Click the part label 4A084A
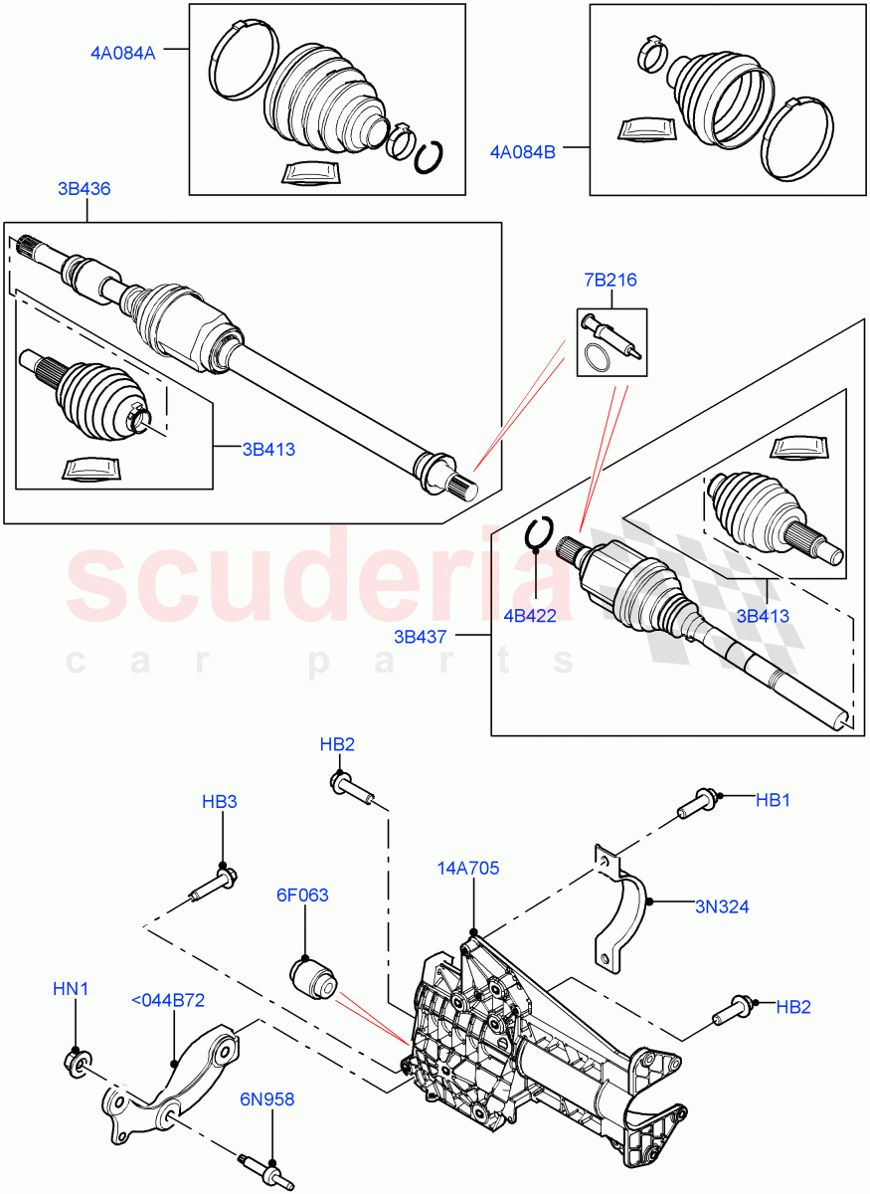[x=118, y=54]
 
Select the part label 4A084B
[x=522, y=152]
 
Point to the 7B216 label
[x=610, y=281]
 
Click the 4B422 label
[x=529, y=616]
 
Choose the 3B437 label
[x=422, y=634]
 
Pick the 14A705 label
[x=467, y=869]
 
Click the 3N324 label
[x=722, y=906]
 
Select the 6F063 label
[x=302, y=895]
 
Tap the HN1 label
[x=71, y=989]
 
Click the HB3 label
[x=220, y=801]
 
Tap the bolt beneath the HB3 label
[x=211, y=886]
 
